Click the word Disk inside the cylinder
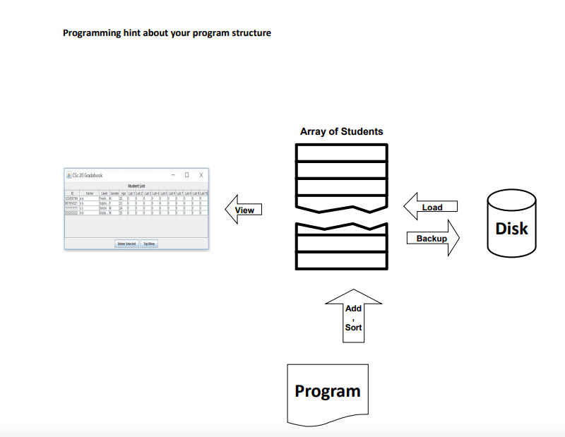[x=511, y=229]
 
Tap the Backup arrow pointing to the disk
[x=432, y=239]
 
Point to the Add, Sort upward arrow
[x=353, y=317]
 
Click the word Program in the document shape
[x=327, y=391]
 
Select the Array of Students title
[x=341, y=131]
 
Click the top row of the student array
[x=341, y=152]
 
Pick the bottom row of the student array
[x=341, y=260]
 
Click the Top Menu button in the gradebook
[x=150, y=244]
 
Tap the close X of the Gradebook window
[x=201, y=175]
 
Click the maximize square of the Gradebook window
[x=186, y=175]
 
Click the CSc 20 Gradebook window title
[x=88, y=175]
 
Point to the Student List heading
[x=136, y=186]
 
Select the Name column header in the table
[x=90, y=192]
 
